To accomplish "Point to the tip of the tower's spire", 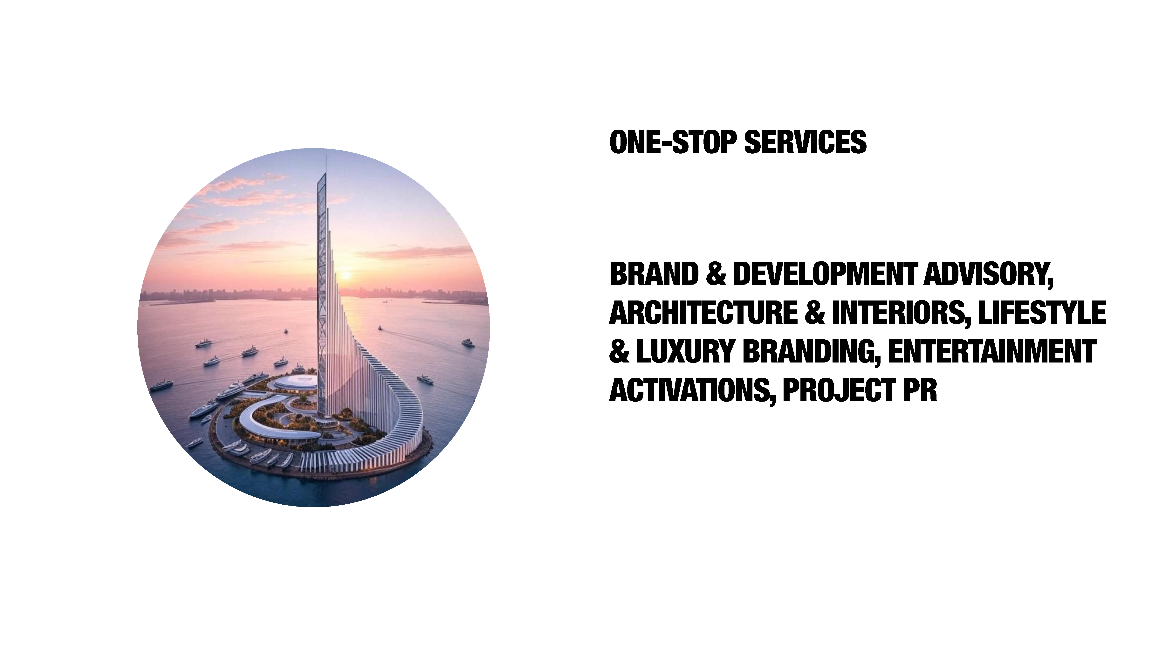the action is click(327, 156).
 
